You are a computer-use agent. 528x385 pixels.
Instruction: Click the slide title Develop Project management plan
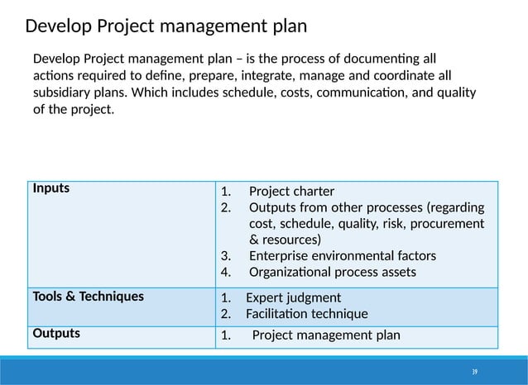pos(166,26)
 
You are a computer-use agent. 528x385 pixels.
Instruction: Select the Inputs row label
pos(51,187)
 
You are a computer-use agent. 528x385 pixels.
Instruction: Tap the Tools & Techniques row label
pos(88,295)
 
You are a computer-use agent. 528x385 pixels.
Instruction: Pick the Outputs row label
pos(56,333)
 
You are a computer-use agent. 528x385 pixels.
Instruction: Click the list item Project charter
pos(291,192)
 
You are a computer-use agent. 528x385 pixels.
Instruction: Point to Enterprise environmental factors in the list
pos(342,256)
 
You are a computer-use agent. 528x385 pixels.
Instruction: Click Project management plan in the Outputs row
pos(325,335)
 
